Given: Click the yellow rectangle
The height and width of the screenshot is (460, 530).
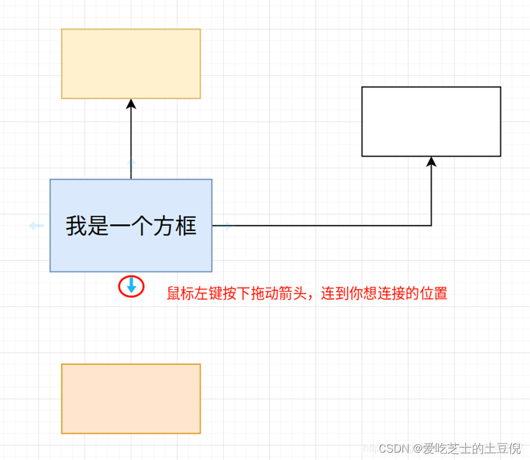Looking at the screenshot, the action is point(131,63).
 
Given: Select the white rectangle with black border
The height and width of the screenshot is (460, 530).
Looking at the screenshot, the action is point(431,121).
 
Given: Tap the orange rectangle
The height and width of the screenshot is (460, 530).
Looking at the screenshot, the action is point(131,398).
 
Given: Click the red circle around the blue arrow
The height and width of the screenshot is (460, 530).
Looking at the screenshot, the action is point(131,286).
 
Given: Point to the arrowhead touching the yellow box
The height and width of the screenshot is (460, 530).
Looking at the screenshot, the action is point(131,104).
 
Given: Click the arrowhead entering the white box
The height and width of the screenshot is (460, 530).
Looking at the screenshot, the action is point(431,162).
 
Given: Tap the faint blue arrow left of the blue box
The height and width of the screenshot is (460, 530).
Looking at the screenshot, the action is point(36,225).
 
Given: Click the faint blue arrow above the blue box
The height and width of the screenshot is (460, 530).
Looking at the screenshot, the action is point(131,164).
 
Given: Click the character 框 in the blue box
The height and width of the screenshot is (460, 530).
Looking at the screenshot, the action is point(187,226).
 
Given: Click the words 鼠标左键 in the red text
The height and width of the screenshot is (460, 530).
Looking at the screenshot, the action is point(195,293).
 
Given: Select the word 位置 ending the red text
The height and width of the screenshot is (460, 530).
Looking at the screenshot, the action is point(434,293).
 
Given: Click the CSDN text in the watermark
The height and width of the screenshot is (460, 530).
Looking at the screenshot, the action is point(393,448).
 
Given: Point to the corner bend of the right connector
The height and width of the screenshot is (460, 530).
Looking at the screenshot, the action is point(431,225).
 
